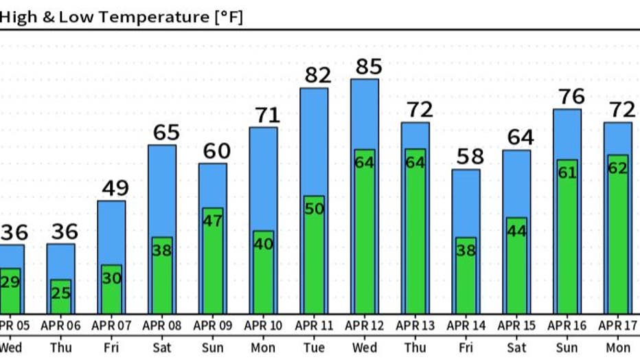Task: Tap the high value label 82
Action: (318, 75)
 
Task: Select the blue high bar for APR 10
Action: (263, 179)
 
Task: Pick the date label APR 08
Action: (162, 325)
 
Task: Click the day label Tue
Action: (314, 348)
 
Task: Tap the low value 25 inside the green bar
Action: (60, 293)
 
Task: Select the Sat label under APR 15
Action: (516, 348)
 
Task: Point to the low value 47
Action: (213, 221)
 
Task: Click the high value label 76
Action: (571, 96)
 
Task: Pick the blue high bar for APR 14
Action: (466, 203)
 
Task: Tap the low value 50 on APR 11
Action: (314, 209)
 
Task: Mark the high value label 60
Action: (217, 150)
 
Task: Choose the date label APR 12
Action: (365, 325)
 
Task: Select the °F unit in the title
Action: (229, 16)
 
